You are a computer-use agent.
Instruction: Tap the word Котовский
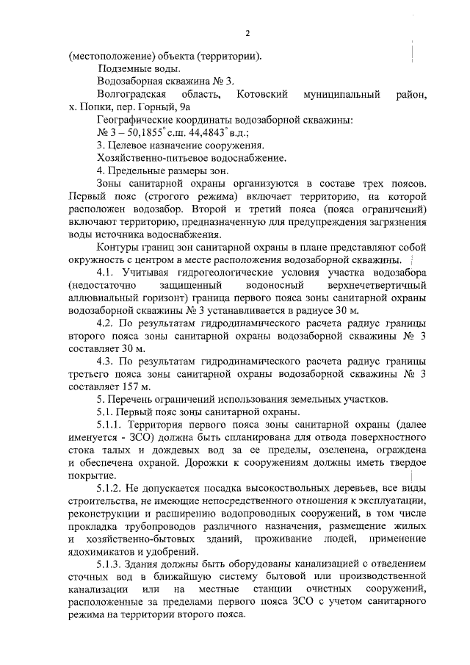click(260, 95)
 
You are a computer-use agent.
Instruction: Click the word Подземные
click(123, 69)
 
